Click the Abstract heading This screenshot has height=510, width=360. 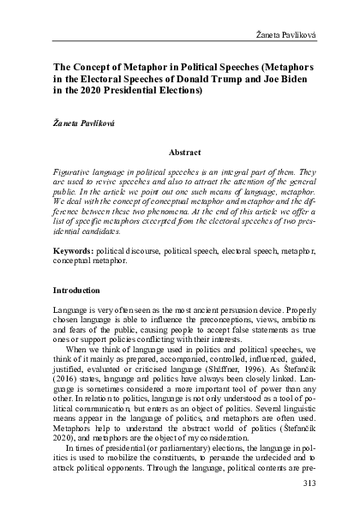[x=184, y=151]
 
